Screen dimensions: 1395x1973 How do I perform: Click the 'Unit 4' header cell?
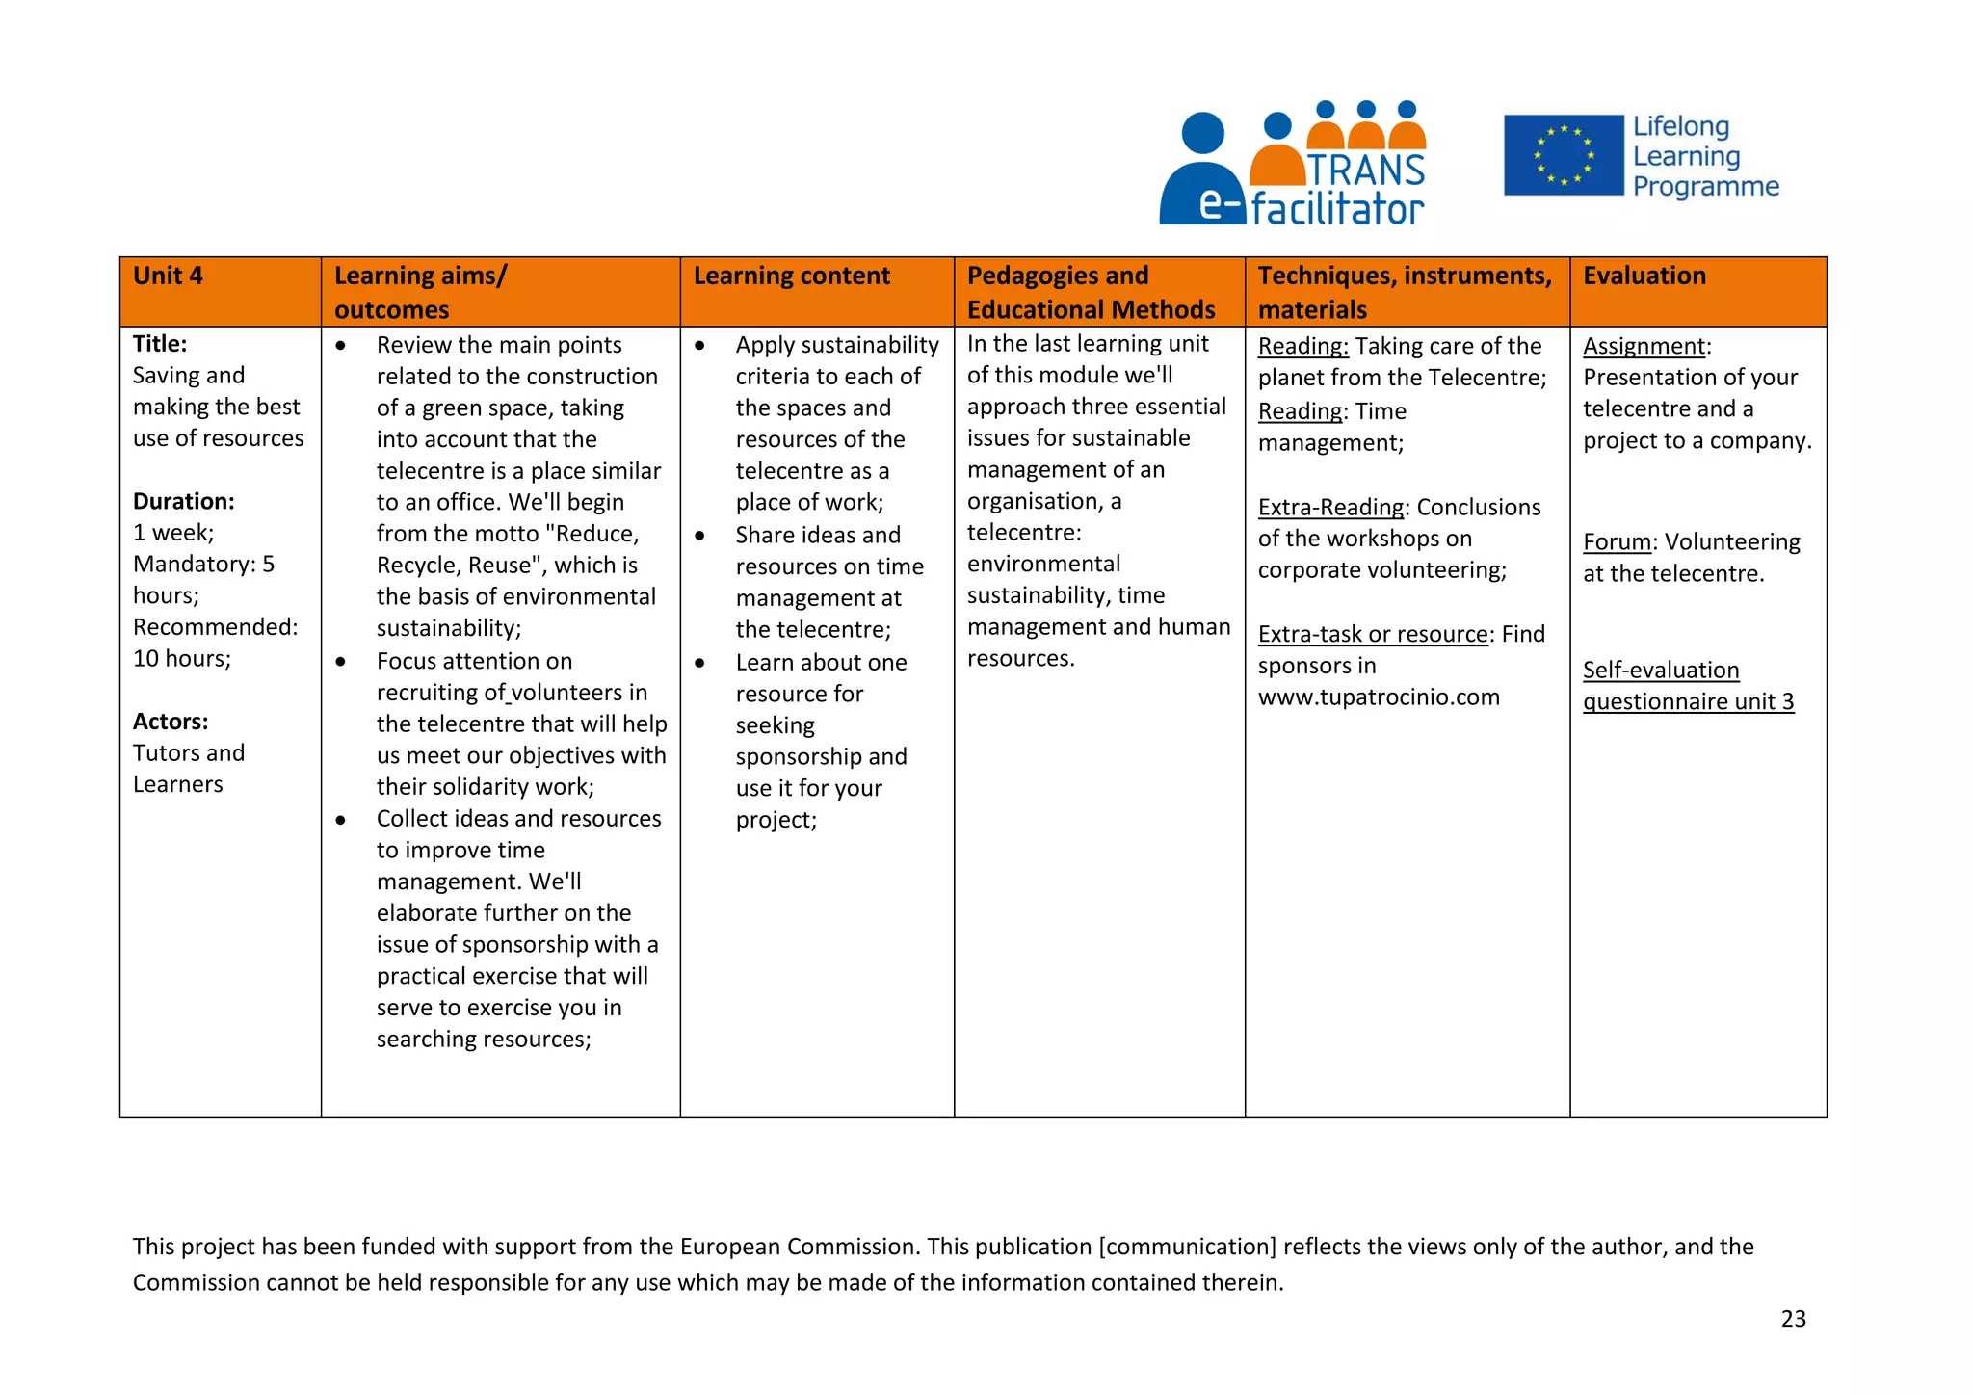(169, 276)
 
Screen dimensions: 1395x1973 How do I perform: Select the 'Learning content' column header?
(791, 276)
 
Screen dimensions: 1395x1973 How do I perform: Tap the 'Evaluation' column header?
(1644, 276)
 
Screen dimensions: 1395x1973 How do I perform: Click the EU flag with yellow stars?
(1563, 155)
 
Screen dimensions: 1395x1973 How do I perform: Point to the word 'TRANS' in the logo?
(1366, 171)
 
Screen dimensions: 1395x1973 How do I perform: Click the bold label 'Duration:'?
(184, 501)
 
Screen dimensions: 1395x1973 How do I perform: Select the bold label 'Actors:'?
(171, 722)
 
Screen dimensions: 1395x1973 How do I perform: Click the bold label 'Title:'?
(160, 344)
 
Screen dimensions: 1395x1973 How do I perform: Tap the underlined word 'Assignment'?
(1644, 346)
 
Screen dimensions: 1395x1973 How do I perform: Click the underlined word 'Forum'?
(1617, 542)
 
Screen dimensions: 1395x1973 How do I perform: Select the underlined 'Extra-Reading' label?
(1330, 508)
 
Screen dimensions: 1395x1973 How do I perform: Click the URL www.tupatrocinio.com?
(1379, 697)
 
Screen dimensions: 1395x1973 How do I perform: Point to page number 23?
(1793, 1319)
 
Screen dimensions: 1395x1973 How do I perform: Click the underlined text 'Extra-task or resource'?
(1373, 635)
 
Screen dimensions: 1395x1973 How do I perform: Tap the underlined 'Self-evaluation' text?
(1660, 671)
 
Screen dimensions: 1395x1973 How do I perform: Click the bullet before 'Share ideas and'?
(700, 536)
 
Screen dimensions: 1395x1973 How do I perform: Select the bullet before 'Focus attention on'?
(341, 662)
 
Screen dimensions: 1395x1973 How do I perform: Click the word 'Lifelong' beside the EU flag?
(1680, 127)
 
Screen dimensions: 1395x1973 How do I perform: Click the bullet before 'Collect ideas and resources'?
(341, 820)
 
